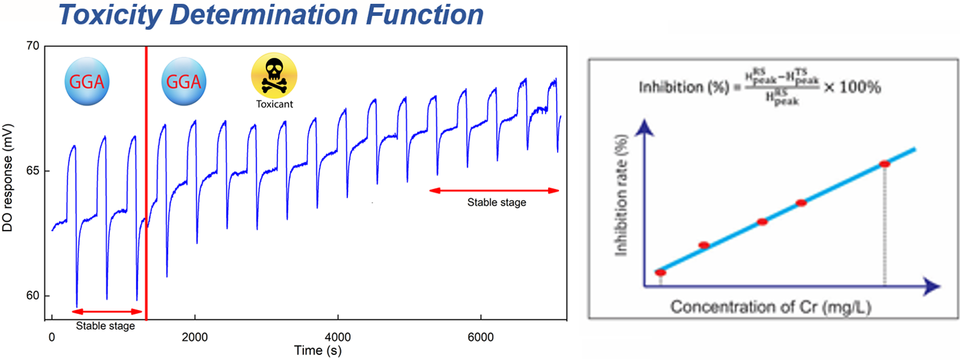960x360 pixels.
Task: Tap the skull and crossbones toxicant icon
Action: (x=274, y=74)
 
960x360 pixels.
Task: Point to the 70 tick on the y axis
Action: (x=32, y=46)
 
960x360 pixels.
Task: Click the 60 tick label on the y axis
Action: (x=32, y=296)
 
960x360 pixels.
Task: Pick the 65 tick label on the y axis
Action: (x=32, y=171)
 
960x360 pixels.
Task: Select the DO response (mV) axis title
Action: (x=9, y=184)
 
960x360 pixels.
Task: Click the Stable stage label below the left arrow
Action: (x=105, y=327)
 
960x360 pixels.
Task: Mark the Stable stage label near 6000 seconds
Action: (x=496, y=203)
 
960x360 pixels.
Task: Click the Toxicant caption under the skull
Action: (x=274, y=104)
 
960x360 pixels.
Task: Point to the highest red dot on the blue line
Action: (x=884, y=164)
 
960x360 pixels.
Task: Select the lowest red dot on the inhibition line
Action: (x=661, y=272)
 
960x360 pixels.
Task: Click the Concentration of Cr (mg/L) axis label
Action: (x=772, y=308)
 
